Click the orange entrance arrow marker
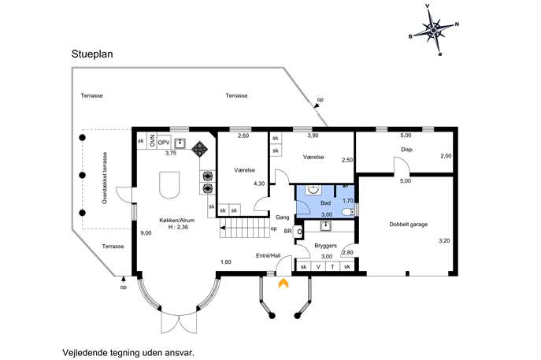(283, 283)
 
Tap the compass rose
(433, 31)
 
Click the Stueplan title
(92, 54)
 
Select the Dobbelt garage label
(408, 225)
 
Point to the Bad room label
(325, 203)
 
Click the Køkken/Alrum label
(176, 221)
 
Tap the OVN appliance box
(152, 141)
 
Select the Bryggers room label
(325, 246)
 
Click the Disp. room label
(407, 150)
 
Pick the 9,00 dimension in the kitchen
(146, 233)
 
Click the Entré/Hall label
(268, 256)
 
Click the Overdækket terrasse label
(105, 178)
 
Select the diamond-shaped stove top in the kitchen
(200, 149)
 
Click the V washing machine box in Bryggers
(318, 266)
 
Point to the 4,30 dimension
(259, 184)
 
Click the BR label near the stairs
(287, 232)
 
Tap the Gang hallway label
(282, 217)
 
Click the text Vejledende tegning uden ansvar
(128, 353)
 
